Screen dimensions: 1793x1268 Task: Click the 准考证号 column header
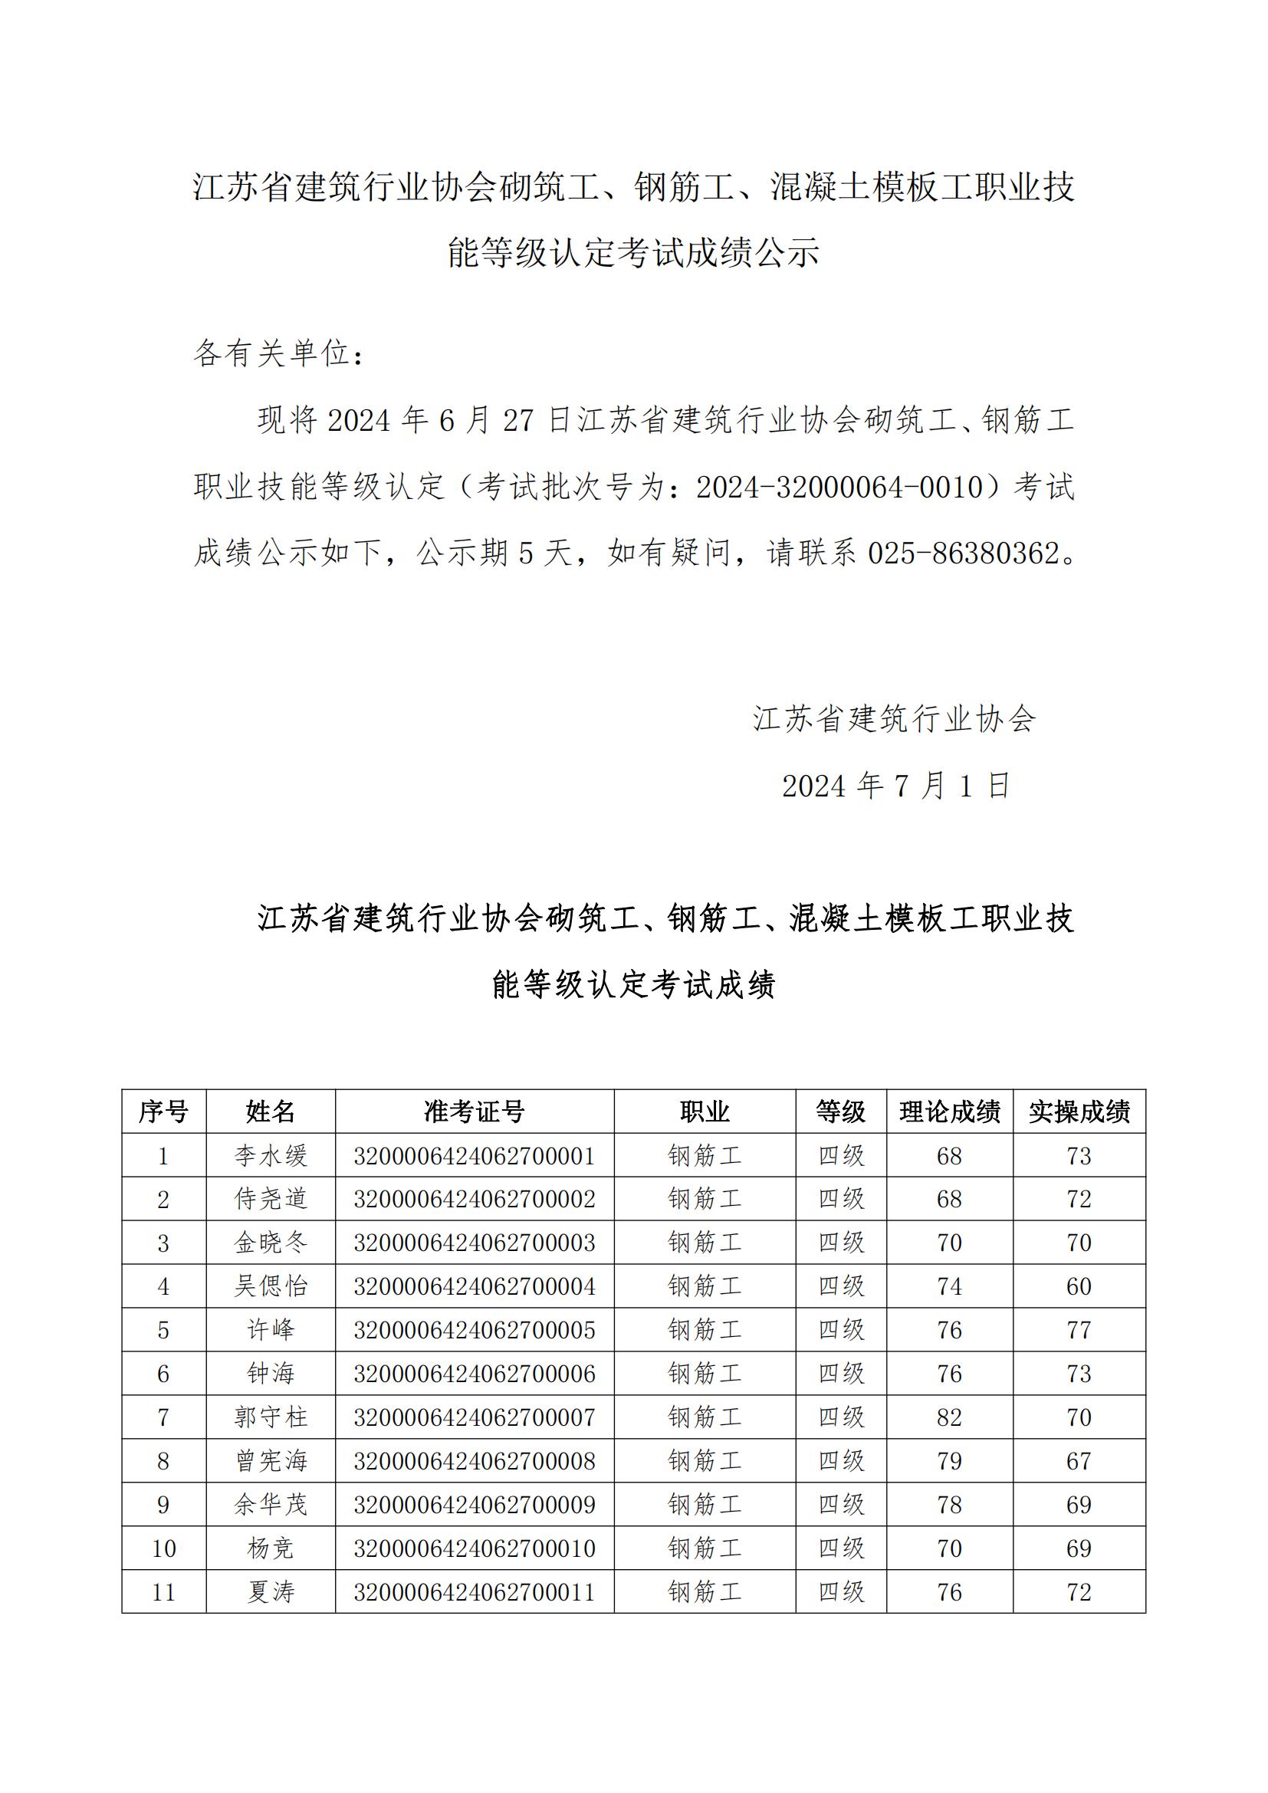[474, 1112]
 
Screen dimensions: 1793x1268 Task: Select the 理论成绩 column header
[949, 1112]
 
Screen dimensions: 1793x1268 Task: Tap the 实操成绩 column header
[1079, 1112]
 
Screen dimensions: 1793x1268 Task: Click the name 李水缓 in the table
[271, 1156]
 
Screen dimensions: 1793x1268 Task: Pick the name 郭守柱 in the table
[271, 1417]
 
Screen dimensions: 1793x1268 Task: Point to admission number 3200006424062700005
[474, 1330]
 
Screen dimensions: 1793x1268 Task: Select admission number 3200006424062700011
[474, 1591]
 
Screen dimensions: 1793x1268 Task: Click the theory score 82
[949, 1417]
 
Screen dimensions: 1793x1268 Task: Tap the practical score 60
[1079, 1286]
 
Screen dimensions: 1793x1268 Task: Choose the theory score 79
[949, 1461]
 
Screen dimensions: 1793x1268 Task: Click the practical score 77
[1079, 1330]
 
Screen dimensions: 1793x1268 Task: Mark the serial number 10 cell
[163, 1548]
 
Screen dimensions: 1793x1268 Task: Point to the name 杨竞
[271, 1548]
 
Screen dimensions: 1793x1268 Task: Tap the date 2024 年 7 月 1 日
[896, 786]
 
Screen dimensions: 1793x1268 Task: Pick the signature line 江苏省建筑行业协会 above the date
[894, 718]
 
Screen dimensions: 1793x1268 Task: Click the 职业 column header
[705, 1112]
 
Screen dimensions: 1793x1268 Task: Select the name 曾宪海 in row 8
[271, 1461]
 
